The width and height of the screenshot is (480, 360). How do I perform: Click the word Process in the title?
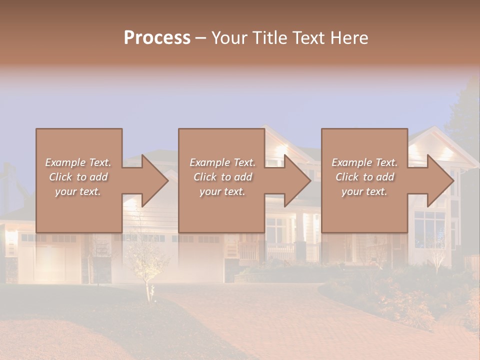pyautogui.click(x=157, y=38)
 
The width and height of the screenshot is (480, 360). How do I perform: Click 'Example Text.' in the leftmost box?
pyautogui.click(x=78, y=162)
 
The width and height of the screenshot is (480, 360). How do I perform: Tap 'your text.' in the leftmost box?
pyautogui.click(x=78, y=191)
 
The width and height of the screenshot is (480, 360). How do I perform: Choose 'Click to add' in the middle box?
pyautogui.click(x=222, y=177)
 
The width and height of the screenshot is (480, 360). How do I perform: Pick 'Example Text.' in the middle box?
pyautogui.click(x=222, y=162)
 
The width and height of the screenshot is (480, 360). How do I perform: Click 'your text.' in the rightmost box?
pyautogui.click(x=364, y=191)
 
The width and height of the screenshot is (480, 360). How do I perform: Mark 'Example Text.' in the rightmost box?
pyautogui.click(x=364, y=162)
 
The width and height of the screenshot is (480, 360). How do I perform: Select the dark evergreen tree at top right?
pyautogui.click(x=465, y=115)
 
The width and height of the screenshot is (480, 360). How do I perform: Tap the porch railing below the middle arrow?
pyautogui.click(x=280, y=250)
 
